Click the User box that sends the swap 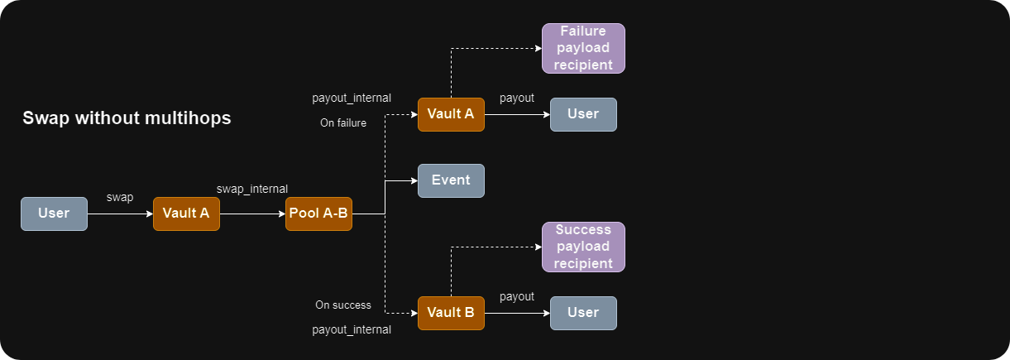click(x=54, y=214)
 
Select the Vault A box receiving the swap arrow click(x=186, y=214)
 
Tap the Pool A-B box click(x=318, y=214)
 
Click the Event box click(x=451, y=180)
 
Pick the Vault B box click(x=451, y=313)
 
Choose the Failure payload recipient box click(x=583, y=48)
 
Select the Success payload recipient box click(x=583, y=247)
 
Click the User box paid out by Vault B click(x=583, y=313)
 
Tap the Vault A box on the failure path click(x=451, y=114)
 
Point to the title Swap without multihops click(x=127, y=118)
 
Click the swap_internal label click(x=252, y=190)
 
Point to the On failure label click(x=343, y=123)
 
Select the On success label click(x=343, y=305)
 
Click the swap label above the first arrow click(x=120, y=198)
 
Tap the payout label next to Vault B click(x=517, y=296)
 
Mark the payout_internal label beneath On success click(x=352, y=329)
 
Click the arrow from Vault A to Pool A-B click(x=252, y=214)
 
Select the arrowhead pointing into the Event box click(x=413, y=180)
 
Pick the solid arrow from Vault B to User click(x=517, y=313)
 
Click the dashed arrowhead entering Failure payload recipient click(x=537, y=48)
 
